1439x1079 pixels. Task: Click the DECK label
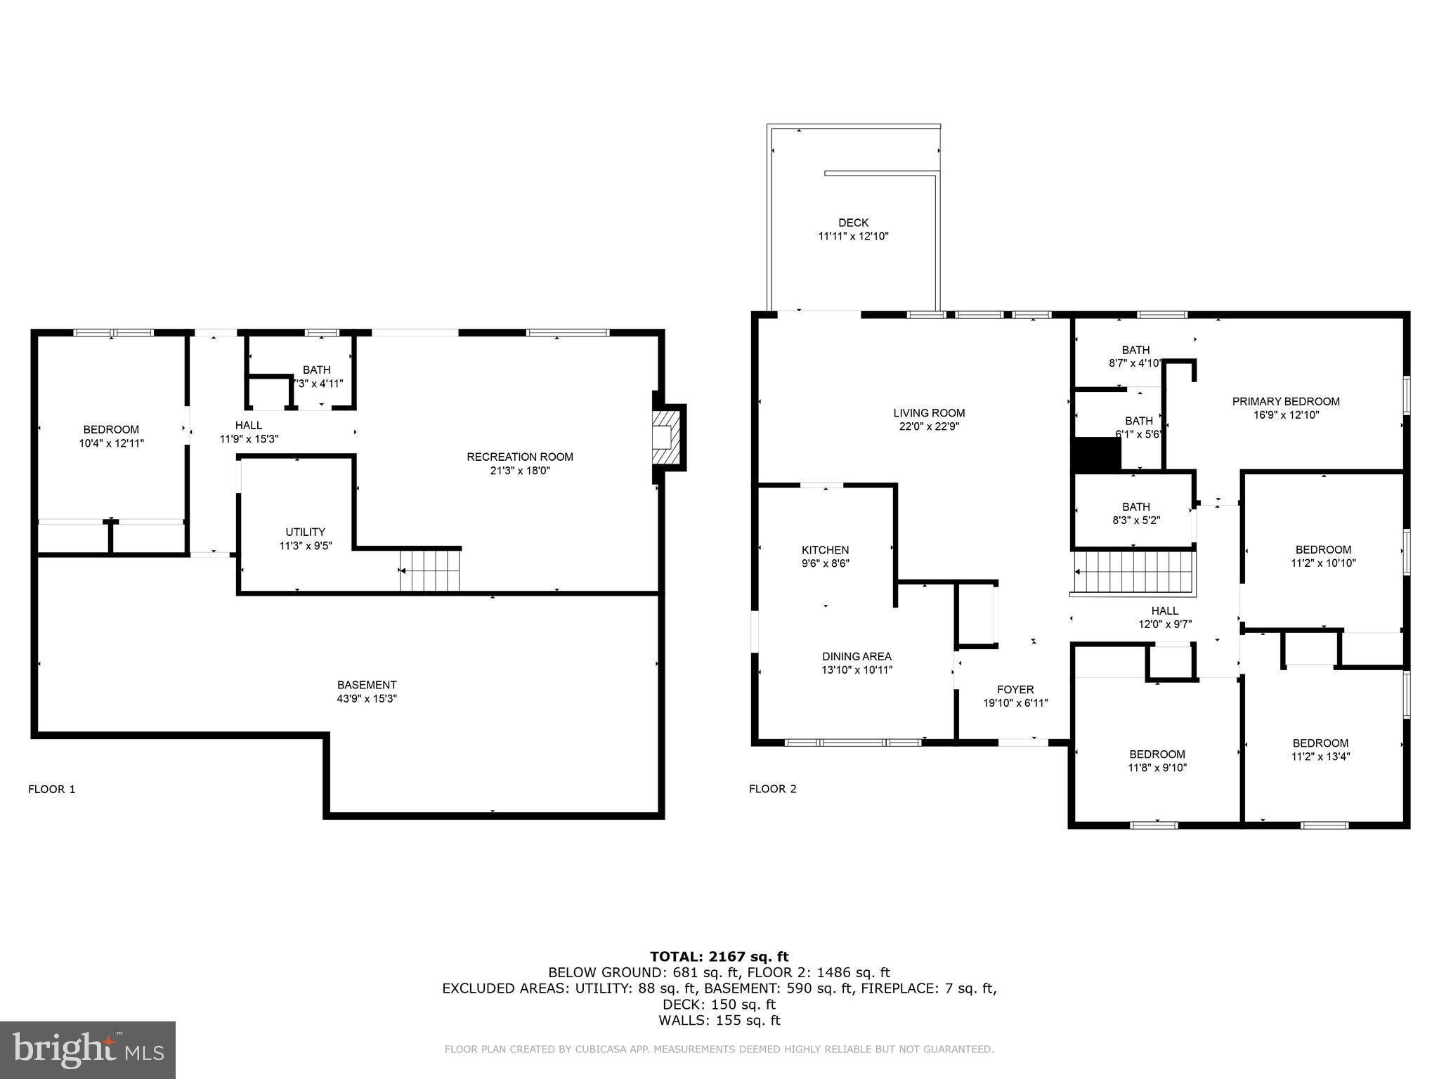point(853,223)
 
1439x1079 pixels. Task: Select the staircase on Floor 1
point(429,570)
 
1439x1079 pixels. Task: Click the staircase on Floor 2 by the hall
point(1134,573)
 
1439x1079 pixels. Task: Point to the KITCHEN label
point(825,550)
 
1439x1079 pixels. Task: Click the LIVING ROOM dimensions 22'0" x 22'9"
point(929,426)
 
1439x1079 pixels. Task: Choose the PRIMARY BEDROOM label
point(1286,401)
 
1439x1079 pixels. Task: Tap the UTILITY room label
point(305,532)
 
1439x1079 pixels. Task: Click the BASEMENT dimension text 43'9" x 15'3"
point(367,698)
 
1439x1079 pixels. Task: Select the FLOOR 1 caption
point(51,789)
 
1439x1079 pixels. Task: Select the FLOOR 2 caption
point(772,789)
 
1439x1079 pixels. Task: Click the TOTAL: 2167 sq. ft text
point(719,956)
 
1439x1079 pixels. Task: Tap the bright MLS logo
point(88,1049)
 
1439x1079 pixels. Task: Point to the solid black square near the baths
point(1097,455)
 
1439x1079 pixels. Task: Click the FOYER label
point(1015,690)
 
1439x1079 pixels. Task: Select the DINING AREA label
point(857,656)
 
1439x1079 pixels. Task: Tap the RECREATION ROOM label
point(520,457)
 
